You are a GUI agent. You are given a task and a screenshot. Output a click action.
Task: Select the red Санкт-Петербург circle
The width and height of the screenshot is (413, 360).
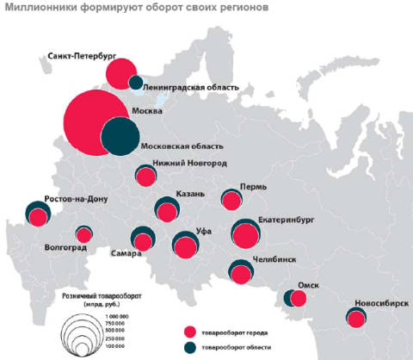click(x=120, y=71)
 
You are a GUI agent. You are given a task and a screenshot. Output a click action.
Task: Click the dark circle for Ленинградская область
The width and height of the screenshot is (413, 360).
click(x=135, y=83)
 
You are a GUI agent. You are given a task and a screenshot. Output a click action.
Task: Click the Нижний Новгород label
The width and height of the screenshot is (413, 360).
click(x=189, y=164)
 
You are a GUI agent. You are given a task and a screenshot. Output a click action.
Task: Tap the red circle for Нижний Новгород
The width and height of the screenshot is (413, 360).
click(x=145, y=177)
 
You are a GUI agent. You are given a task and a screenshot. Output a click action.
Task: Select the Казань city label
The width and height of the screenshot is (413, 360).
click(x=188, y=194)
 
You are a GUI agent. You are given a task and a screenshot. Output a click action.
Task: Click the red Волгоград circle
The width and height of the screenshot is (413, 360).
click(x=83, y=235)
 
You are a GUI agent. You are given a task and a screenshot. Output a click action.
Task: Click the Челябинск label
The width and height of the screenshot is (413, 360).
click(x=275, y=258)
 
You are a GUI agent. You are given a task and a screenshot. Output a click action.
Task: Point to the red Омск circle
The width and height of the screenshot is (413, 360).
click(x=299, y=299)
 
